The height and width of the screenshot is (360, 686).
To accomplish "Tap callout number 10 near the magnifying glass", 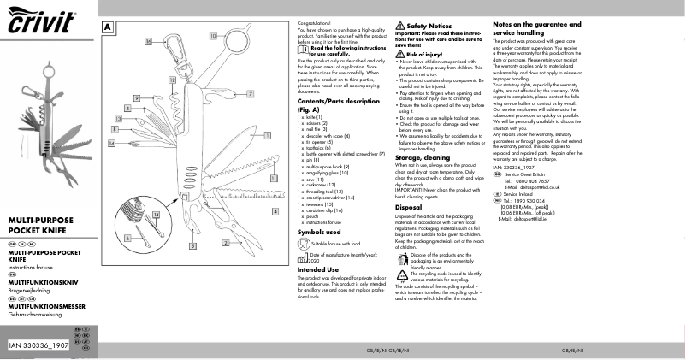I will [x=212, y=38].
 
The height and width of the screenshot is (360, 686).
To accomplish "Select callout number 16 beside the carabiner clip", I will [x=148, y=41].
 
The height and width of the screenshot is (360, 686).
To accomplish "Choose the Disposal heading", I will [x=409, y=207].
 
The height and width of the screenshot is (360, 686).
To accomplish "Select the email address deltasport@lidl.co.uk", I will [x=539, y=186].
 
